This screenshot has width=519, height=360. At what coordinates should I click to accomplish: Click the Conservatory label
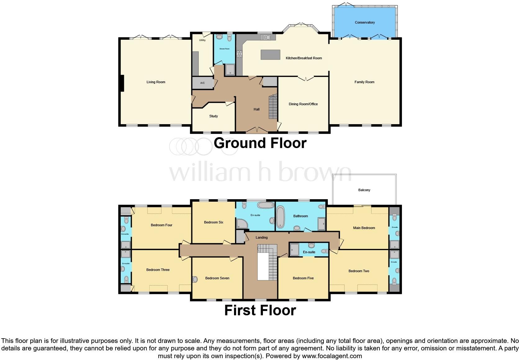(x=365, y=22)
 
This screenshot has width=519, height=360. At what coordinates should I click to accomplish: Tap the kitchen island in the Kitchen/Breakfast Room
(x=270, y=55)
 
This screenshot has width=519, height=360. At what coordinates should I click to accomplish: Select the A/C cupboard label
(x=202, y=83)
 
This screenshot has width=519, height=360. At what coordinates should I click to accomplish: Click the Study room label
(x=213, y=116)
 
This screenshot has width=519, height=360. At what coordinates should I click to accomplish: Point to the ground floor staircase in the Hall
(x=273, y=107)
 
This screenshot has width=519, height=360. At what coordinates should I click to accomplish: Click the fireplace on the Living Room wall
(x=122, y=83)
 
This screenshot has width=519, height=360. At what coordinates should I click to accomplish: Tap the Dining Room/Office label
(x=303, y=104)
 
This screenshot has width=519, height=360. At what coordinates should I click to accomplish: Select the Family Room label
(x=364, y=82)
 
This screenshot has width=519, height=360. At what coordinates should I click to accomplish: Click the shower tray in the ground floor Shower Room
(x=230, y=70)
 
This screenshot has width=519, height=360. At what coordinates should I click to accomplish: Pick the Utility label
(x=202, y=40)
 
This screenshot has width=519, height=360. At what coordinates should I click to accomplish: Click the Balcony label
(x=364, y=190)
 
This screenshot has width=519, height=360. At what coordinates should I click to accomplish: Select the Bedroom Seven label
(x=217, y=278)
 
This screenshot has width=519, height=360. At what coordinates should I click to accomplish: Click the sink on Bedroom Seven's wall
(x=195, y=279)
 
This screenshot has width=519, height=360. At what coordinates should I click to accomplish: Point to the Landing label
(x=261, y=237)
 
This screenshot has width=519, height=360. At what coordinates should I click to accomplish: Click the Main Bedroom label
(x=364, y=228)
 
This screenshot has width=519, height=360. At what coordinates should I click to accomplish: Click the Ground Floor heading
(x=260, y=143)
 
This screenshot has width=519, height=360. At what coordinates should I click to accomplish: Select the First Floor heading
(x=260, y=310)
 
